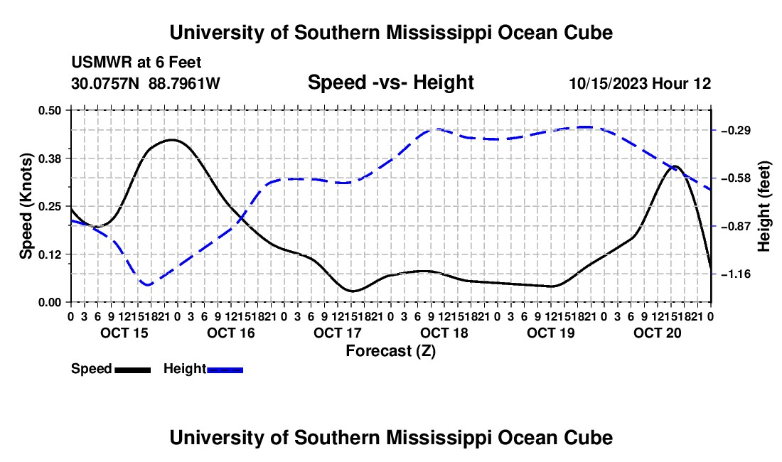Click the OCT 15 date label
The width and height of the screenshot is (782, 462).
[x=124, y=333]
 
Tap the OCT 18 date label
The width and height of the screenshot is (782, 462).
[x=444, y=333]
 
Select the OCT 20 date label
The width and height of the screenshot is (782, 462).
[x=658, y=333]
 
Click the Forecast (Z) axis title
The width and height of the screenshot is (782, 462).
[x=390, y=351]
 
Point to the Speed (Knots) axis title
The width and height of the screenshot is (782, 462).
[x=26, y=206]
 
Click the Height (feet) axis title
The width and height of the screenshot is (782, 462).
[x=764, y=206]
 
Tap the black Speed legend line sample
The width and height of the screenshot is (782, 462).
[x=133, y=370]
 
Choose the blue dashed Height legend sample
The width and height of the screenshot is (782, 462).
[x=225, y=370]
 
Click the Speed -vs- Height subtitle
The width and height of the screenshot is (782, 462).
[x=390, y=82]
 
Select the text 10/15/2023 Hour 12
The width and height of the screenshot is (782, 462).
[x=640, y=83]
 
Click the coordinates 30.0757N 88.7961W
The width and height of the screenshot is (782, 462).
[x=145, y=83]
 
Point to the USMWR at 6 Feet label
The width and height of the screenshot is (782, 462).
[x=136, y=63]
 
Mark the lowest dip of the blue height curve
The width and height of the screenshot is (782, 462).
[x=148, y=284]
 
